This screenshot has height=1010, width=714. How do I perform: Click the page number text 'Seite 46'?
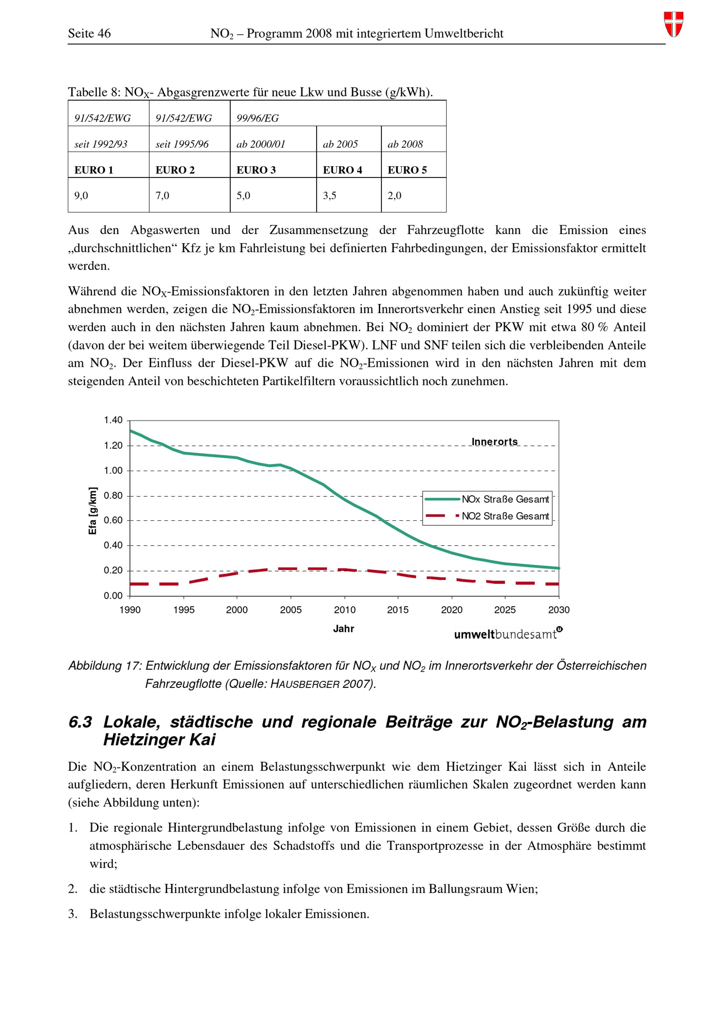[89, 34]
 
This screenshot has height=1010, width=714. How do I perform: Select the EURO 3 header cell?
[256, 170]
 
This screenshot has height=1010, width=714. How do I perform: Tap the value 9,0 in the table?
[81, 196]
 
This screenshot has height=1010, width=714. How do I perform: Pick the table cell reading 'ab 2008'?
[405, 144]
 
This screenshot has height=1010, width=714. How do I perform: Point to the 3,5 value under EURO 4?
[330, 196]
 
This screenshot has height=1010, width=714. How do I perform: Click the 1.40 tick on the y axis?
[113, 420]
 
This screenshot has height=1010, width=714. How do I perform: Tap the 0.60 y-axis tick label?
[113, 520]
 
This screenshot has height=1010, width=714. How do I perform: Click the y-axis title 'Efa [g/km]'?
[92, 511]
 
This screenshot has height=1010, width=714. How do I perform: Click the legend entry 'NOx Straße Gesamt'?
[505, 499]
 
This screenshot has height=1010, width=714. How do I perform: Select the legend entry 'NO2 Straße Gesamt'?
[505, 516]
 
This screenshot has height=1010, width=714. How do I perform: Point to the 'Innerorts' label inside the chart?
[494, 442]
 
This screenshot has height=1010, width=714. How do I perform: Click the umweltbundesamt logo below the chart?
[508, 634]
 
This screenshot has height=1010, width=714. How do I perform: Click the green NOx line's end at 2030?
[558, 568]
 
